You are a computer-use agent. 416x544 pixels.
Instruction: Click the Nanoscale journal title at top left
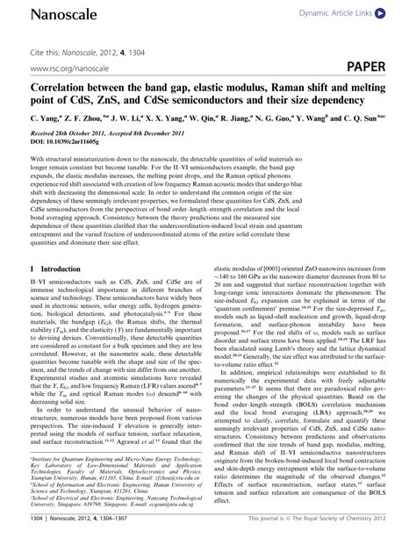[40, 12]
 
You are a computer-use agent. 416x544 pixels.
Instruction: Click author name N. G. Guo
[290, 119]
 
